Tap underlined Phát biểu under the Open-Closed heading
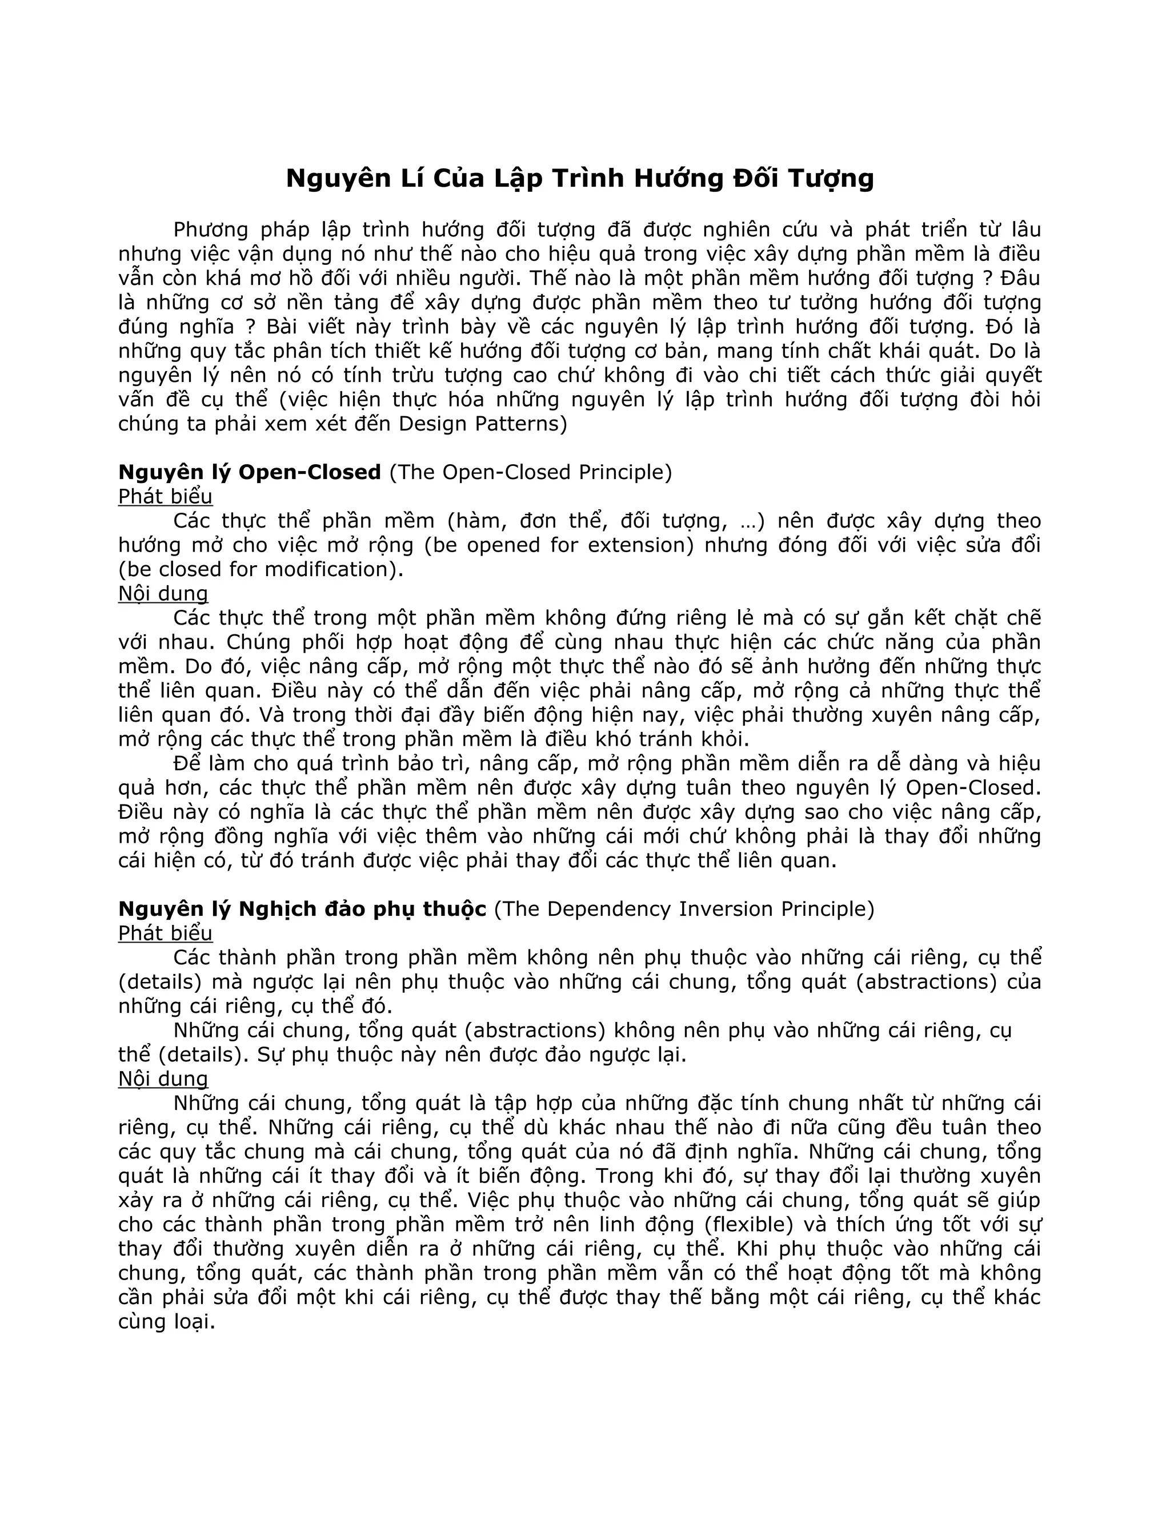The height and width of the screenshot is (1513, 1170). pos(165,497)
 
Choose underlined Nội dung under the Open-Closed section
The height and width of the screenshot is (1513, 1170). pos(163,594)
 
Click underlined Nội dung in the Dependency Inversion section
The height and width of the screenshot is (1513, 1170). pos(163,1079)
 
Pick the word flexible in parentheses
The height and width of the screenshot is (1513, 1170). pos(748,1224)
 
